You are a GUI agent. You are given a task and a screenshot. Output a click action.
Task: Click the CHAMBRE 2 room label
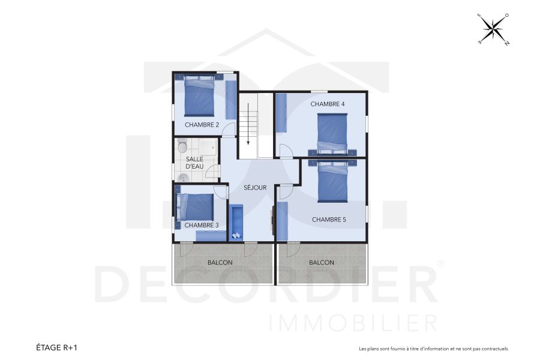point(202,125)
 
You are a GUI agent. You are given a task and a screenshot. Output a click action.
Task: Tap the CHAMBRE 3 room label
point(202,225)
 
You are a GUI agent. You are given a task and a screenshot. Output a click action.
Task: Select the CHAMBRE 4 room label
point(328,104)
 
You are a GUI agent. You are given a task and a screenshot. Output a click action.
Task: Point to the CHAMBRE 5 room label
point(329,220)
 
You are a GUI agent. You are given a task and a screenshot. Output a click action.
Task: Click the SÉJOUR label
point(255,188)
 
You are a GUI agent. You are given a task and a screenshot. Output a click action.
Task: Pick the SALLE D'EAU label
point(194,162)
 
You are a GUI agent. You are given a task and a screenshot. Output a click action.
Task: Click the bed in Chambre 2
point(199,97)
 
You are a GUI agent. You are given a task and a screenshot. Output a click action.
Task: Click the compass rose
point(493,28)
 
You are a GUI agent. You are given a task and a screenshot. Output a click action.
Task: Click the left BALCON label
point(220,263)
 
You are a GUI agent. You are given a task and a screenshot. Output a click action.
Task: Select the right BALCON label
point(322,263)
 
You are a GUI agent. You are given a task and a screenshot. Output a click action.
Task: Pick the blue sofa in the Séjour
point(236,222)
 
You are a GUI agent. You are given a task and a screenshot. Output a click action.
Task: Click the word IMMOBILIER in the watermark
point(354,323)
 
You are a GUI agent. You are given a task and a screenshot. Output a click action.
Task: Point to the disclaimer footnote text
point(433,348)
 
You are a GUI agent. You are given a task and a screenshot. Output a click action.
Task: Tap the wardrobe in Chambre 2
point(231,100)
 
